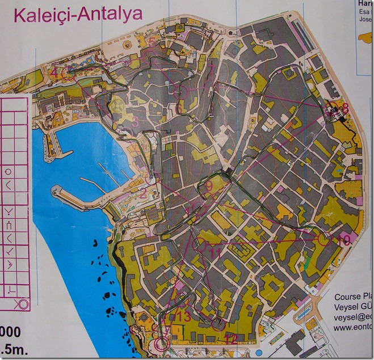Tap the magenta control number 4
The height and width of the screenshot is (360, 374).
pos(53,72)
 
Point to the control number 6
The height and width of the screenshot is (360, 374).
pos(179,108)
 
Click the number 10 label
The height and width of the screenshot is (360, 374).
pos(343,240)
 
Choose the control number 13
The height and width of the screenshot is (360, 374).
pos(184,316)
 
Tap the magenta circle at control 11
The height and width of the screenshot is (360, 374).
pos(201,245)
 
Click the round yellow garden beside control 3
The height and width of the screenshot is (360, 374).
pos(117,105)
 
